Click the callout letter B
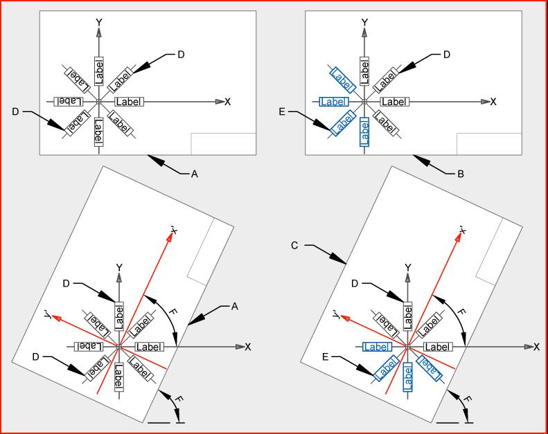461,174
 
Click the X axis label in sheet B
493,102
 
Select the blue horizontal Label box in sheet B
334,102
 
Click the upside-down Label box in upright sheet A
68,101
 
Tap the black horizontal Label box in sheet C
437,346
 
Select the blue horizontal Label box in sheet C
378,346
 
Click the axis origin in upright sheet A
99,101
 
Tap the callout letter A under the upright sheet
195,174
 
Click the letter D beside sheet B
447,54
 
